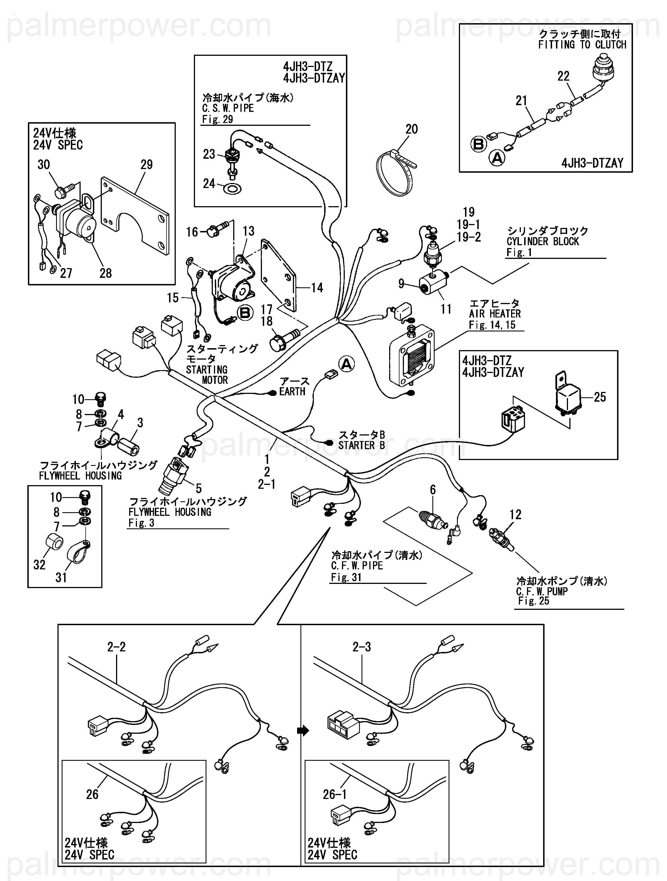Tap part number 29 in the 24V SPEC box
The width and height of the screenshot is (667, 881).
point(146,165)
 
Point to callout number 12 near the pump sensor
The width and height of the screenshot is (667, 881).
point(515,515)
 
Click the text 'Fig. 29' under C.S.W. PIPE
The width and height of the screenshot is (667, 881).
point(217,119)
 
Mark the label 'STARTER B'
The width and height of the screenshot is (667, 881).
point(362,445)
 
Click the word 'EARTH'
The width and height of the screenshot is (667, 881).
point(292,391)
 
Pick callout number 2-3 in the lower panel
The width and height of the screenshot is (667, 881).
point(361,647)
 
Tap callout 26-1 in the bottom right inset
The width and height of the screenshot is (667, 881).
point(334,795)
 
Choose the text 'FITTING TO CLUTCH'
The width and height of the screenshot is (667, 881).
point(582,45)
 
